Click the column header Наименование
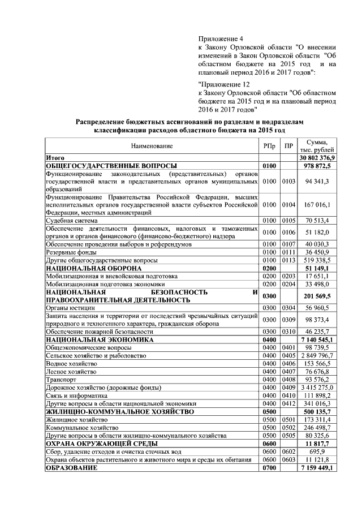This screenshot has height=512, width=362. point(152,146)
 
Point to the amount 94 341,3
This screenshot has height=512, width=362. point(317,181)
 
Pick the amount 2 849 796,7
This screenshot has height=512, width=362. point(317,355)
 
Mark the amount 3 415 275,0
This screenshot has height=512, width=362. point(317,388)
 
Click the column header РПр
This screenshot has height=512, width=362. point(269,146)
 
